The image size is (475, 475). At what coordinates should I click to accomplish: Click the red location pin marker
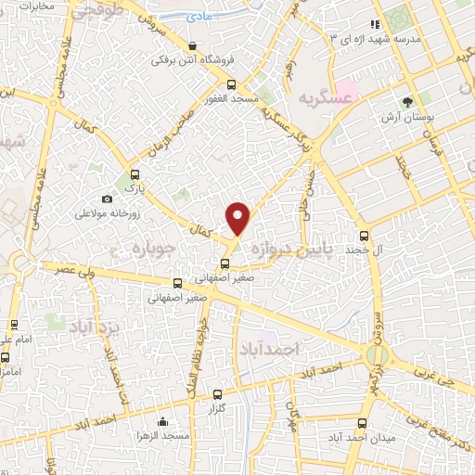point(239,217)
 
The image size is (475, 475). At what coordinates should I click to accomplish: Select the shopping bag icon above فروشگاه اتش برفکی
point(192,45)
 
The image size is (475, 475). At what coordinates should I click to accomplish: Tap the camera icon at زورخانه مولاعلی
point(108,199)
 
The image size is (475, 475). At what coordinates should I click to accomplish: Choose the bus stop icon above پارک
point(136,173)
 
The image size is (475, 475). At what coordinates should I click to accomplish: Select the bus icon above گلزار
point(217,393)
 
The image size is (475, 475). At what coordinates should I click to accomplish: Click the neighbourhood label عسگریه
point(325,97)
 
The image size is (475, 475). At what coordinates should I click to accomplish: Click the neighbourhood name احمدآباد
point(271,350)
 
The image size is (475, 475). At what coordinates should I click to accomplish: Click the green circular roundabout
point(378,354)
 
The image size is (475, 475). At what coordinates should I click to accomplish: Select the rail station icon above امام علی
point(13,326)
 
